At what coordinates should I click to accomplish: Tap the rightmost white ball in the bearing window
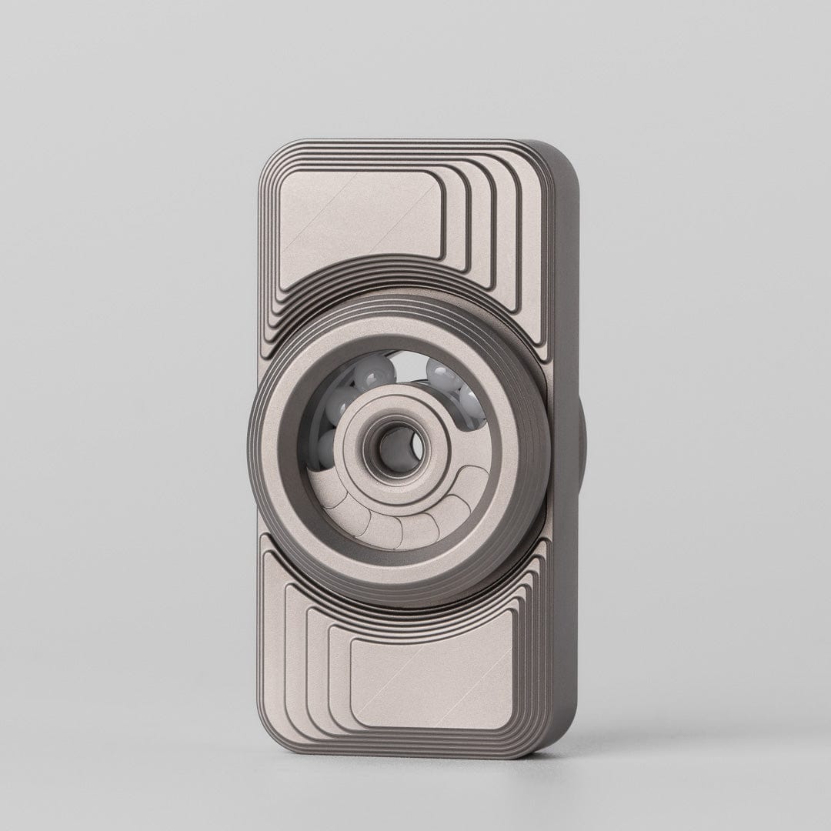pyautogui.click(x=471, y=403)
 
